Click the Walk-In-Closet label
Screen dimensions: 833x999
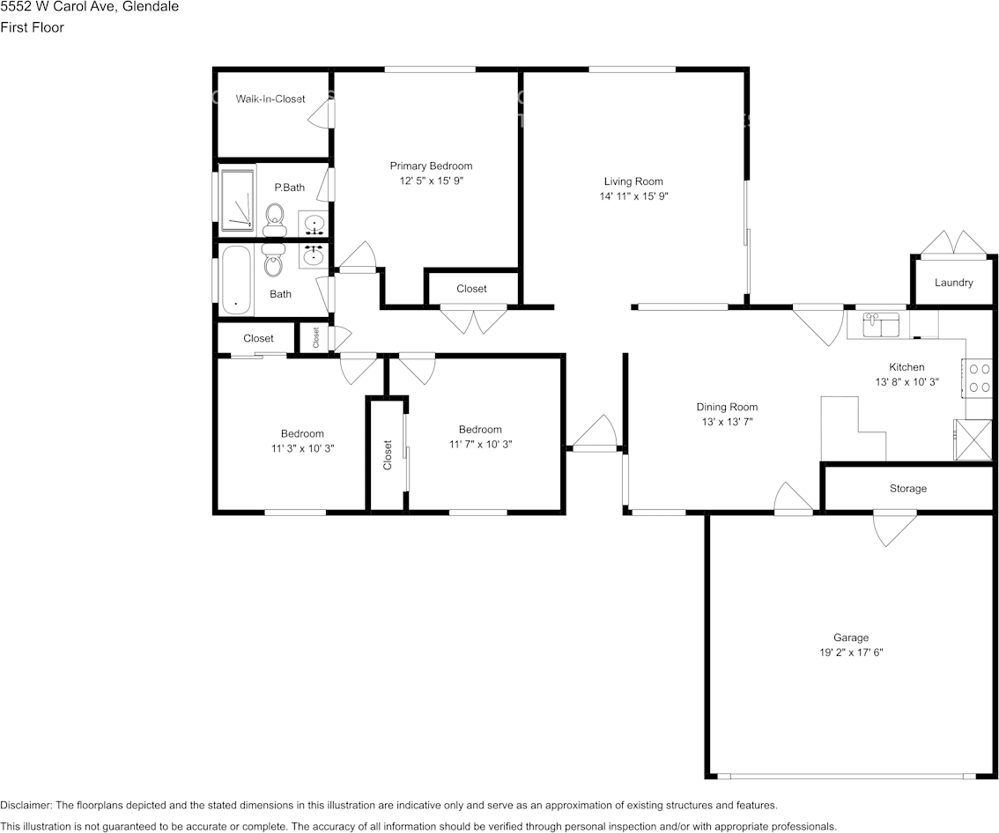coord(270,99)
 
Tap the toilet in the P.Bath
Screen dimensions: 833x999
coord(275,219)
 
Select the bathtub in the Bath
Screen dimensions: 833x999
coord(236,280)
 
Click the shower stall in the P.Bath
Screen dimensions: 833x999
coord(237,201)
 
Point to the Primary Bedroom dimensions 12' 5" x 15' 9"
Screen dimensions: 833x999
coord(431,181)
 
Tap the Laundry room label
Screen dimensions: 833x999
coord(953,283)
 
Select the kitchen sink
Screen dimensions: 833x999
coord(880,324)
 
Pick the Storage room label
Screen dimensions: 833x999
coord(907,488)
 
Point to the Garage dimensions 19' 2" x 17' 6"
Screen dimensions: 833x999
coord(851,652)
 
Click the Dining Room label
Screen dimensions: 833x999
coord(727,407)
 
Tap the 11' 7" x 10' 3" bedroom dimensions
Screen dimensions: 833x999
coord(480,445)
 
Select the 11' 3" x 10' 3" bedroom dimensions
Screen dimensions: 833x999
coord(302,448)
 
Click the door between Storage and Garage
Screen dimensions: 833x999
coord(894,527)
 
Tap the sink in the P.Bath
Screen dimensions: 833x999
coord(314,224)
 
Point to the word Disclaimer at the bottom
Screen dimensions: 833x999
coord(26,805)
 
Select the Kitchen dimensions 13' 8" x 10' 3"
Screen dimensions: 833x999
coord(906,382)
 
